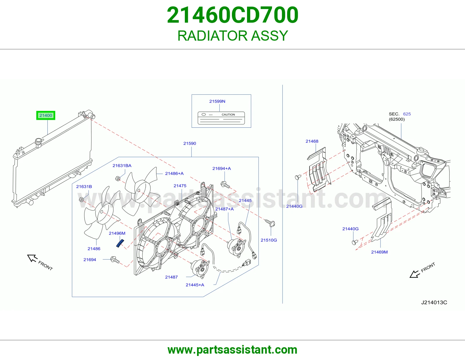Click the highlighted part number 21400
click(x=46, y=116)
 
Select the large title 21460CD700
click(x=233, y=15)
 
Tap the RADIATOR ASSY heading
click(x=233, y=36)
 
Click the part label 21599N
click(x=217, y=101)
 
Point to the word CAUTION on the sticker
click(x=228, y=115)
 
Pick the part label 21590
click(x=189, y=143)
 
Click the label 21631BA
click(x=122, y=166)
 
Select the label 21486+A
click(x=174, y=174)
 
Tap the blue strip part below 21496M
click(x=120, y=243)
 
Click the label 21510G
click(x=269, y=240)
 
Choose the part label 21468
click(x=312, y=141)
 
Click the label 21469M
click(x=379, y=252)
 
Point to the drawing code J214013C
click(x=434, y=303)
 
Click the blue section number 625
click(x=407, y=114)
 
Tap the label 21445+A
click(x=195, y=285)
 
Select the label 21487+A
click(x=224, y=209)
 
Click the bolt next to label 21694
click(x=115, y=260)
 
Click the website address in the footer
click(x=233, y=350)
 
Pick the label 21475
click(x=180, y=186)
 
